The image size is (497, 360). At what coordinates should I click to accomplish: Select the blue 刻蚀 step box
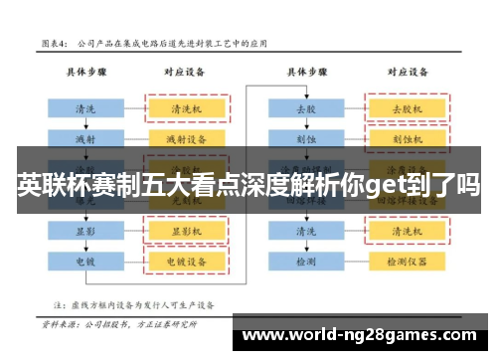tap(306, 137)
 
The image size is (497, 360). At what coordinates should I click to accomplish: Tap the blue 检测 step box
tap(306, 262)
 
